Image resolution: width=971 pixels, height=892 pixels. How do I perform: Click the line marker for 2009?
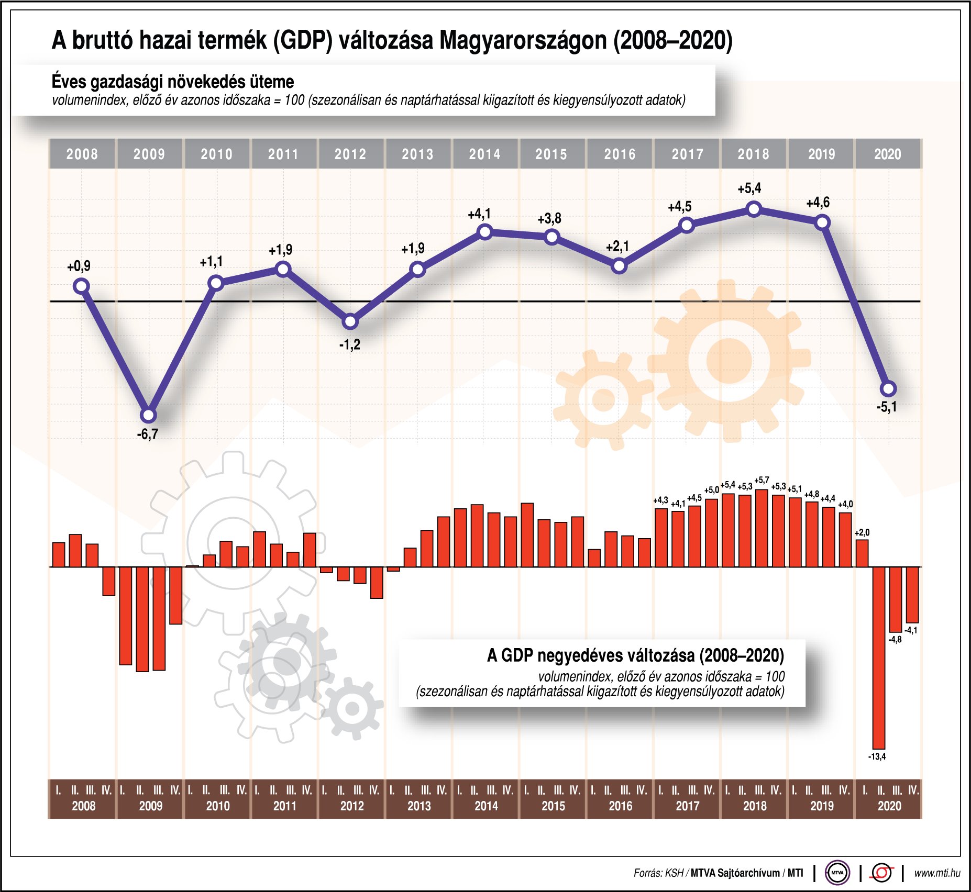pyautogui.click(x=149, y=416)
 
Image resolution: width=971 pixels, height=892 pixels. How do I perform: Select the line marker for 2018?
pyautogui.click(x=754, y=209)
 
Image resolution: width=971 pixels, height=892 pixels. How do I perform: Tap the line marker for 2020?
pyautogui.click(x=888, y=389)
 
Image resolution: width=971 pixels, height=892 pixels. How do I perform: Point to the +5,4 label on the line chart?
pyautogui.click(x=749, y=188)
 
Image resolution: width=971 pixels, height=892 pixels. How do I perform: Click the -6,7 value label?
pyautogui.click(x=147, y=434)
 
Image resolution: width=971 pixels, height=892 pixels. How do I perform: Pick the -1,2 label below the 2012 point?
pyautogui.click(x=349, y=344)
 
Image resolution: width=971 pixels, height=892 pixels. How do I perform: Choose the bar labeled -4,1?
pyautogui.click(x=912, y=595)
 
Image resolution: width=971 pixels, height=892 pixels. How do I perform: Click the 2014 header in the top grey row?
pyautogui.click(x=484, y=154)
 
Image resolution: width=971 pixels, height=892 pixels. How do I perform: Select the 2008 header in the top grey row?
pyautogui.click(x=82, y=154)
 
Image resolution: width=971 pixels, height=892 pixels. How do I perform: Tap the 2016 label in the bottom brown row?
pyautogui.click(x=620, y=806)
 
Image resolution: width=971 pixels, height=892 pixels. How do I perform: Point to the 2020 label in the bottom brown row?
pyautogui.click(x=889, y=806)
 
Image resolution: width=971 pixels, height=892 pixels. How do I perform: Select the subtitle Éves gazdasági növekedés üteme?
pyautogui.click(x=173, y=82)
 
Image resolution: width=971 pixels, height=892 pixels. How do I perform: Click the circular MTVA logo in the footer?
pyautogui.click(x=837, y=873)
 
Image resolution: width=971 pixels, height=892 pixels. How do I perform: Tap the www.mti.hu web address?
pyautogui.click(x=937, y=873)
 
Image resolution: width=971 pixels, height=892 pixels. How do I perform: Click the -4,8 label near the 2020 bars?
pyautogui.click(x=895, y=640)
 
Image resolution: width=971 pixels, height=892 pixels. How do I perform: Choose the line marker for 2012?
pyautogui.click(x=350, y=321)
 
